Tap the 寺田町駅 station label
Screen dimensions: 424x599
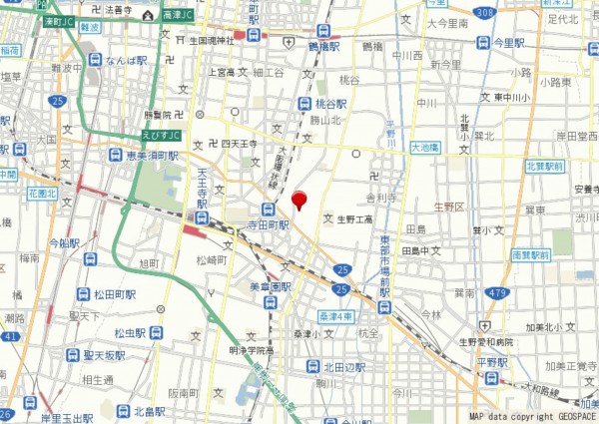tap(269, 226)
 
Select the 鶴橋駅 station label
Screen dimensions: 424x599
tap(323, 46)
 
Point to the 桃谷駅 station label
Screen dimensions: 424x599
tap(328, 104)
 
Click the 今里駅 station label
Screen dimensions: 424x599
tap(509, 44)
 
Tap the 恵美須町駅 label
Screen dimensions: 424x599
tap(153, 157)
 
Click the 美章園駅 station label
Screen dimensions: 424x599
tap(269, 287)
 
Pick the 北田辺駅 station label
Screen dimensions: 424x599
tap(344, 367)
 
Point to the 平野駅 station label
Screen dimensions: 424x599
tap(500, 363)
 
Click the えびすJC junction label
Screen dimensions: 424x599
tap(162, 133)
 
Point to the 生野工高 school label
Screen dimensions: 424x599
tap(354, 219)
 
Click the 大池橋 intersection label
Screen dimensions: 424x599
tap(424, 147)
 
